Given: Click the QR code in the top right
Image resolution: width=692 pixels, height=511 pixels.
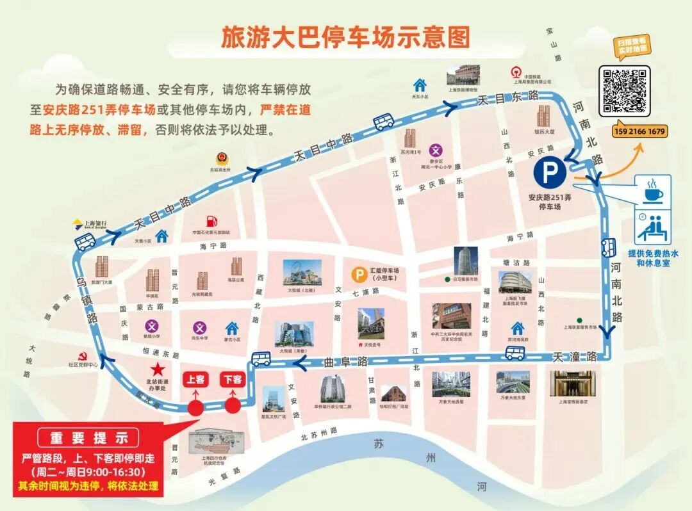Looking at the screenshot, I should pos(624,90).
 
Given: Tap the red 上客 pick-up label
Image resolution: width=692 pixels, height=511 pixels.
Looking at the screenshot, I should pos(195,379).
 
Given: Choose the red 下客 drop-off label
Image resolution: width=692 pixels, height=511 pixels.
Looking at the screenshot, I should pos(233,379).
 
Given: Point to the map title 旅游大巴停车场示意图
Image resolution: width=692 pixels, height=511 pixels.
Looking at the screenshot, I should pos(345,37).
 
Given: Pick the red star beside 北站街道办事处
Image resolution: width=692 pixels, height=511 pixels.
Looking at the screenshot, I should pos(156,369).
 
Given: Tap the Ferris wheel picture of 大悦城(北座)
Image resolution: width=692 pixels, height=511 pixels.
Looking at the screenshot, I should pos(296,273).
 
